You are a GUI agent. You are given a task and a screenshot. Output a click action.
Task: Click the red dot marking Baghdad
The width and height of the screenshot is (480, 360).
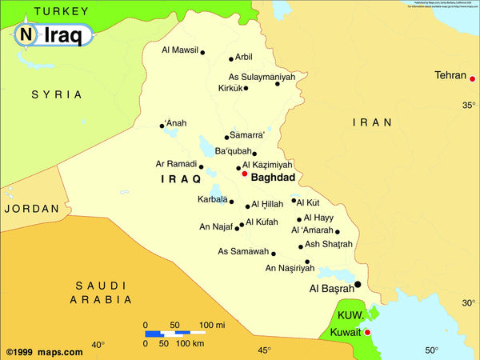click(x=245, y=173)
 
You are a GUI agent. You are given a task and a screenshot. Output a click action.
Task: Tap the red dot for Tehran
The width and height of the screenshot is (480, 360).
click(x=473, y=78)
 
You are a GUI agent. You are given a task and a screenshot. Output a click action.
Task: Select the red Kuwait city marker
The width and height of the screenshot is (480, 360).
click(x=368, y=332)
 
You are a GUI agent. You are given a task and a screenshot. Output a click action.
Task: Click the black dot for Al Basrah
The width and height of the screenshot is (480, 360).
click(x=358, y=284)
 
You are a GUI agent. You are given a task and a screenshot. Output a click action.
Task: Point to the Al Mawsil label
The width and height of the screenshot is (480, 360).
click(x=179, y=50)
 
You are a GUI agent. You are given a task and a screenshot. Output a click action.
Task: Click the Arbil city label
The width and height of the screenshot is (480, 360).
click(x=244, y=57)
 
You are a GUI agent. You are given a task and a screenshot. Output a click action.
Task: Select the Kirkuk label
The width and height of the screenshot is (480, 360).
click(x=230, y=88)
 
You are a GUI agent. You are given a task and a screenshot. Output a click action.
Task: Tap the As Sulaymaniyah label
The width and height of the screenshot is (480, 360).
click(x=256, y=77)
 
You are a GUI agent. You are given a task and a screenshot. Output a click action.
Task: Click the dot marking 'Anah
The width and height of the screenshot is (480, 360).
click(x=162, y=125)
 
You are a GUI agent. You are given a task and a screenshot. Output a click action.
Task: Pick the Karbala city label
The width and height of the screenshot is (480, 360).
click(x=212, y=199)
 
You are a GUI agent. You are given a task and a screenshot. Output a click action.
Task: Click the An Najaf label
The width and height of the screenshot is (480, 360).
click(x=216, y=227)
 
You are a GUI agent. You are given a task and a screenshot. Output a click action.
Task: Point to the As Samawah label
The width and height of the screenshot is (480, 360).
click(x=243, y=251)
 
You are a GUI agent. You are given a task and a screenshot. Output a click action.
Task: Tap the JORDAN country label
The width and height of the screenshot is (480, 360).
click(x=31, y=208)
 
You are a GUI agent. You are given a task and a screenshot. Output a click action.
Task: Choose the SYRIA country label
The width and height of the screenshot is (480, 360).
click(x=57, y=94)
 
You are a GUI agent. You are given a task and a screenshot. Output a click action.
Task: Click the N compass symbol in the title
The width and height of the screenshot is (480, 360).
click(x=26, y=34)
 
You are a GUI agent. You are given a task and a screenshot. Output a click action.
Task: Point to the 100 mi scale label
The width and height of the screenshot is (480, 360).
click(x=212, y=325)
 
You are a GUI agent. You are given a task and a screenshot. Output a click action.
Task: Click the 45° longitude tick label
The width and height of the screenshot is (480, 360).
click(x=264, y=350)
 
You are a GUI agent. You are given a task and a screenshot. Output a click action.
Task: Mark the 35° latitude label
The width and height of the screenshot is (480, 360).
click(x=468, y=105)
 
